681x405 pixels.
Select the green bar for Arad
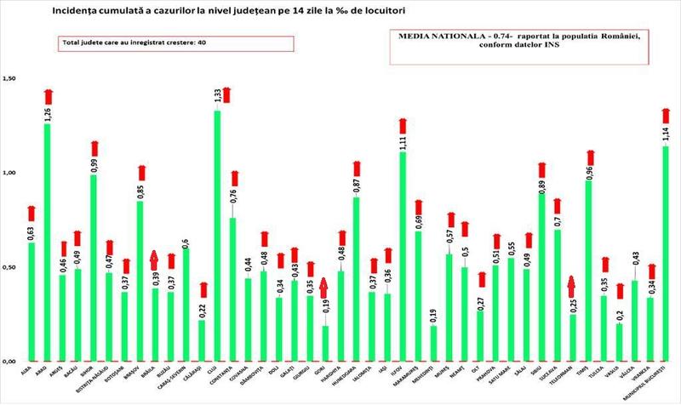(x=48, y=242)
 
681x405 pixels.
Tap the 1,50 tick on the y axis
(x=10, y=78)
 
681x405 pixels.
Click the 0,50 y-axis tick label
(x=10, y=267)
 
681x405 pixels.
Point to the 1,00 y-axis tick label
(x=10, y=173)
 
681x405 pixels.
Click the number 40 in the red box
(x=201, y=42)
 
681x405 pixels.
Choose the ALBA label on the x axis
(x=29, y=370)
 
